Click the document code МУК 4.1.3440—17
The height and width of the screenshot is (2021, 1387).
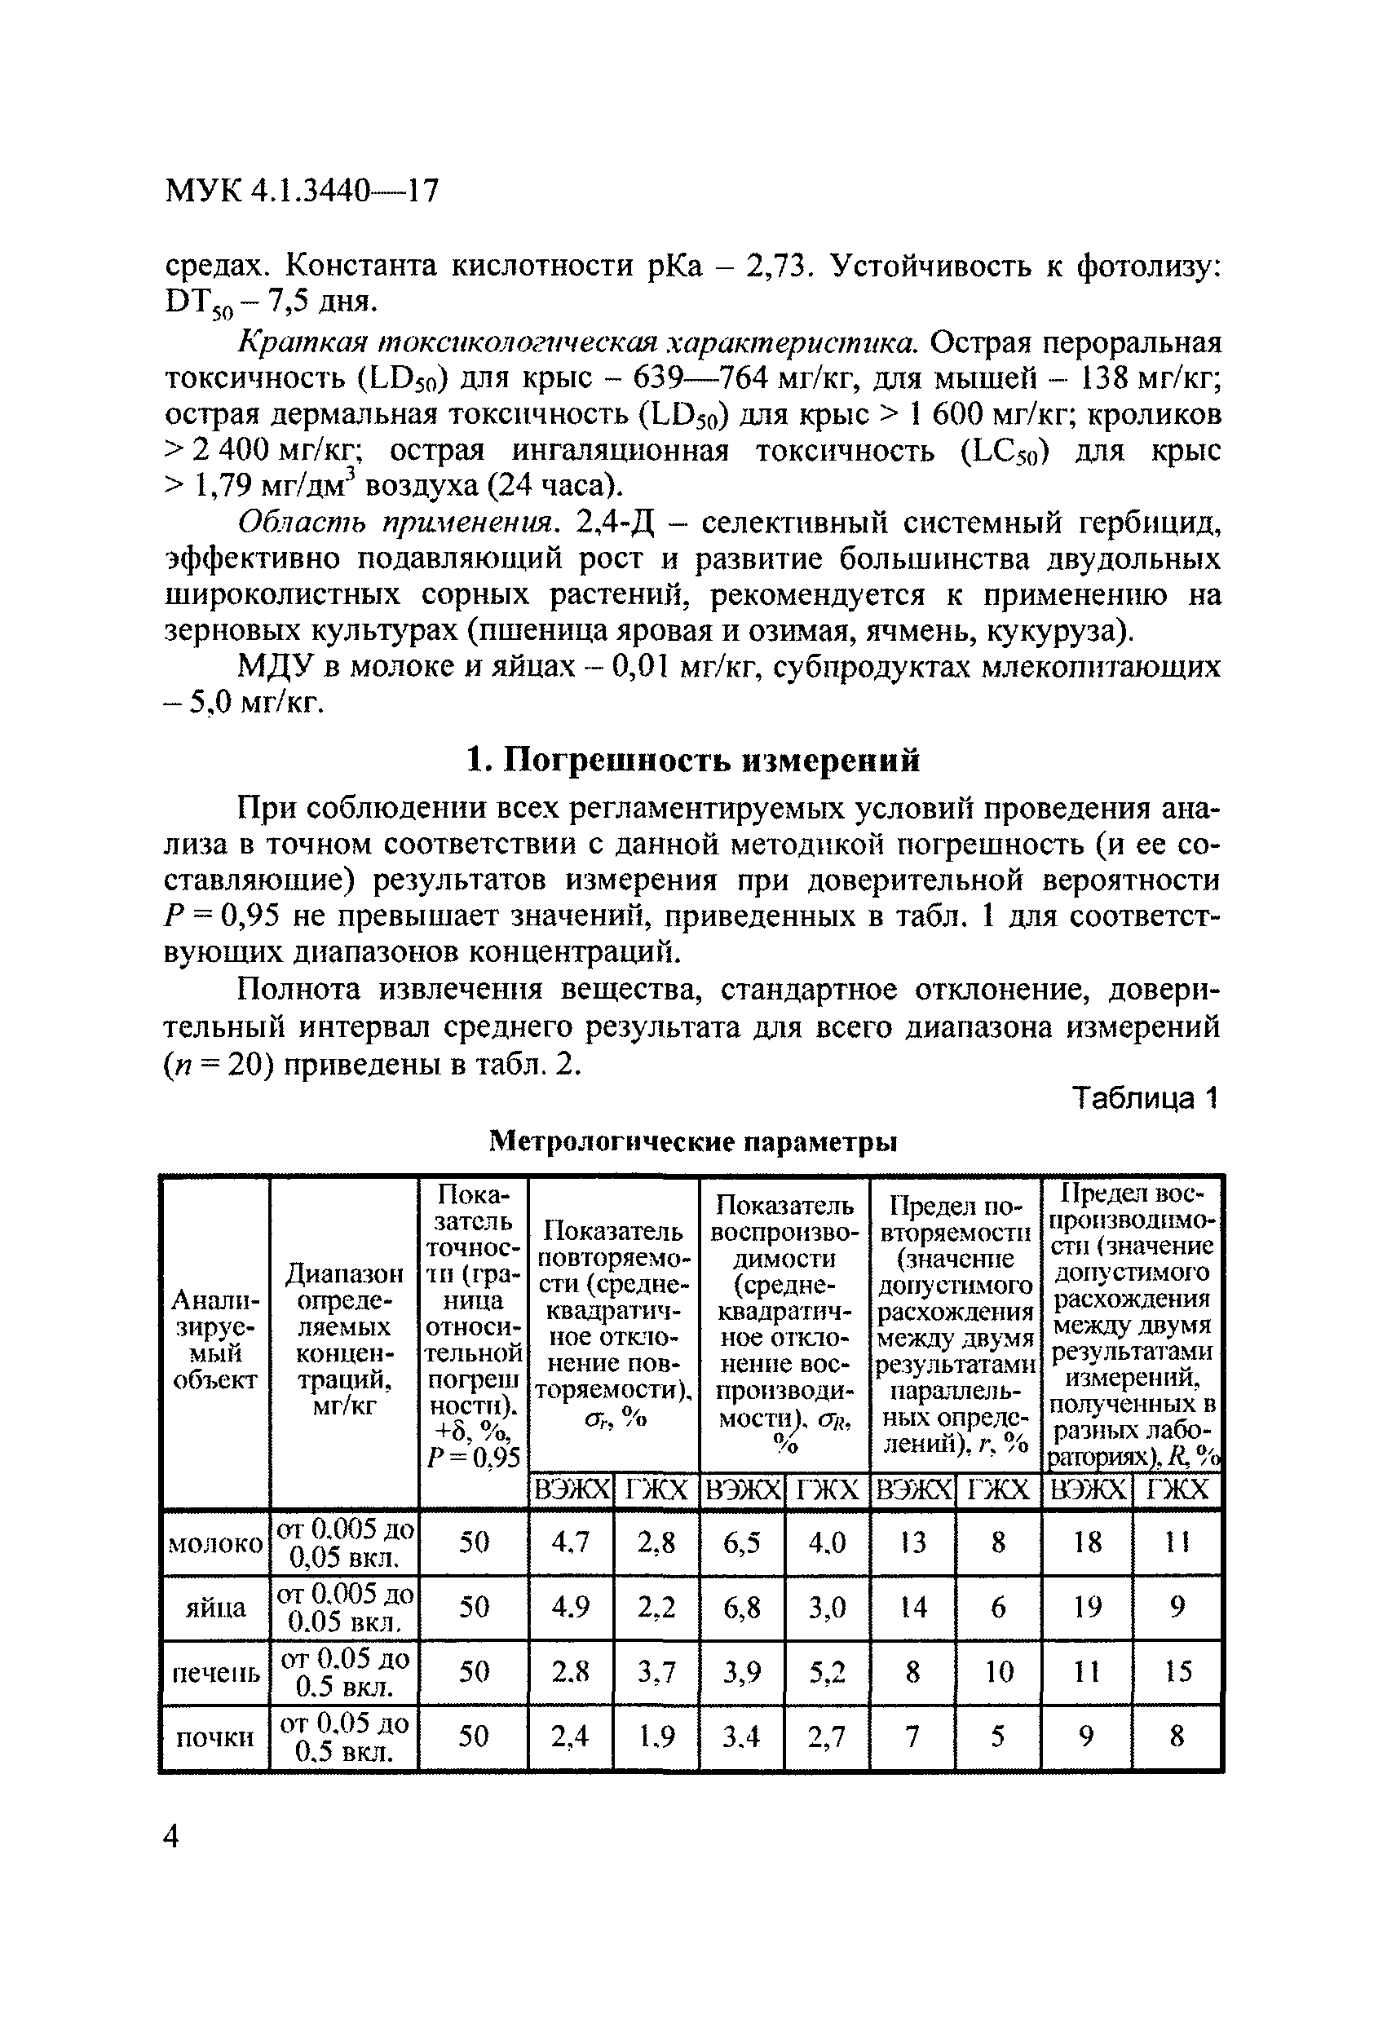pyautogui.click(x=302, y=191)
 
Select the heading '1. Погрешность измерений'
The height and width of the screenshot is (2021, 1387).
pyautogui.click(x=692, y=761)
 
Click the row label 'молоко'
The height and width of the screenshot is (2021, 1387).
pyautogui.click(x=214, y=1543)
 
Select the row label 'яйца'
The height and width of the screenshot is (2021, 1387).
pyautogui.click(x=214, y=1608)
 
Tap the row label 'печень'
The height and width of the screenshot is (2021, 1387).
pyautogui.click(x=214, y=1671)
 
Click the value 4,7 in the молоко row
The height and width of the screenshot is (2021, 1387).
pyautogui.click(x=571, y=1542)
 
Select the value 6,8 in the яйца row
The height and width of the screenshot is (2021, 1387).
pyautogui.click(x=742, y=1607)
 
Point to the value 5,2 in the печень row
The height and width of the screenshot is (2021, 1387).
pyautogui.click(x=826, y=1671)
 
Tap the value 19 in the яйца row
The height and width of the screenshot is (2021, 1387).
pyautogui.click(x=1087, y=1607)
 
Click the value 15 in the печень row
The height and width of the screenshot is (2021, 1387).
pyautogui.click(x=1177, y=1671)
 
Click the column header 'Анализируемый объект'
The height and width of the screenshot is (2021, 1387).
pyautogui.click(x=214, y=1340)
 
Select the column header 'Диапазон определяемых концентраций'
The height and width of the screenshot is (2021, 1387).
pyautogui.click(x=343, y=1340)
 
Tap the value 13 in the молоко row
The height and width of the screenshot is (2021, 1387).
pyautogui.click(x=912, y=1542)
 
